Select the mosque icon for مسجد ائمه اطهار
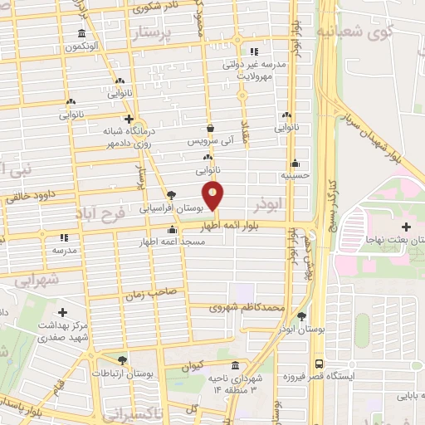[x=172, y=230]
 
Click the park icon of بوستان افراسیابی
[x=171, y=193]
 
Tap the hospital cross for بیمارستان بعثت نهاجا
[x=405, y=227]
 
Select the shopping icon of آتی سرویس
[x=208, y=129]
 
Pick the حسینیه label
[x=296, y=176]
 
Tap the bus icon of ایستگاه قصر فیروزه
[x=319, y=364]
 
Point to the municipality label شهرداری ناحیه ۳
[x=235, y=383]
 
